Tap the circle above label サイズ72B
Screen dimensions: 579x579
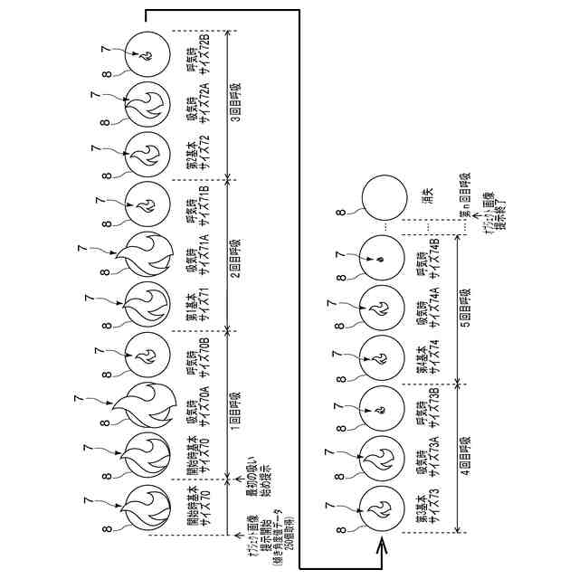(x=145, y=52)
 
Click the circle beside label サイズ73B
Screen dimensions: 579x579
(x=382, y=409)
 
